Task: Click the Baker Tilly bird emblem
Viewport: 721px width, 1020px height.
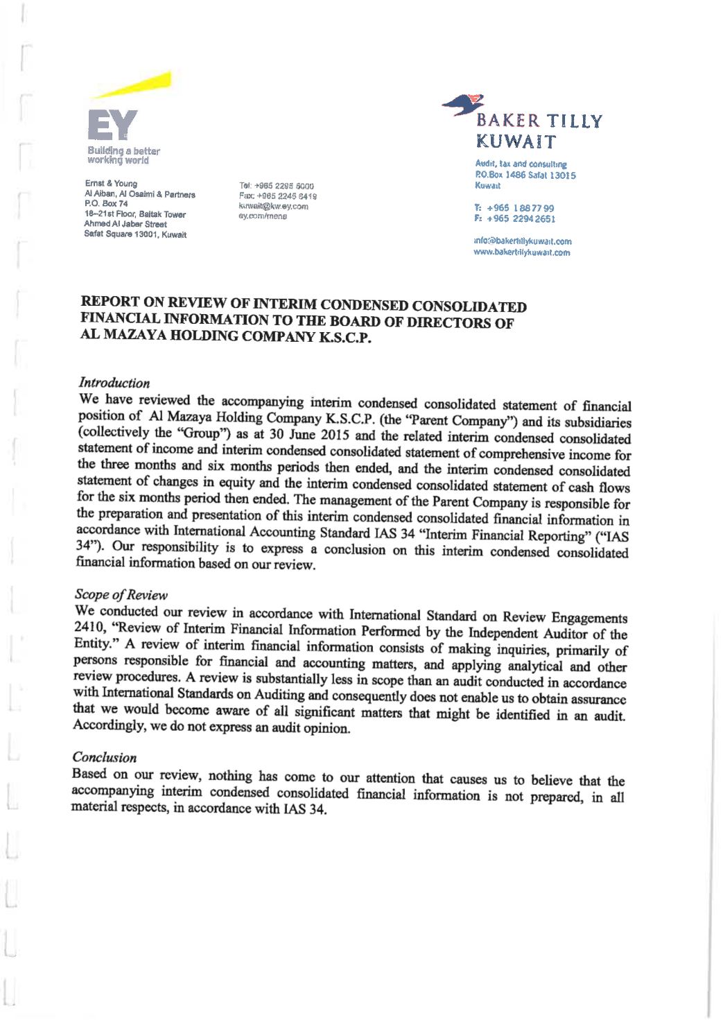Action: pyautogui.click(x=464, y=105)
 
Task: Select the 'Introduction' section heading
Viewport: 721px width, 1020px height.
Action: pyautogui.click(x=114, y=383)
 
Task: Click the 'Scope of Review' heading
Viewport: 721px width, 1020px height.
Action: pyautogui.click(x=121, y=594)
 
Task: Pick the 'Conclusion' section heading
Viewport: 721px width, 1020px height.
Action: pyautogui.click(x=104, y=757)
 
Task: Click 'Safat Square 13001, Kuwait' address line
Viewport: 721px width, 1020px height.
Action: pyautogui.click(x=135, y=234)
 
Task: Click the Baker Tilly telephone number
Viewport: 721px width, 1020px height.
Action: pyautogui.click(x=514, y=208)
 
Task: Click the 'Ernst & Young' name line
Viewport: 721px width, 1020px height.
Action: pyautogui.click(x=111, y=184)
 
